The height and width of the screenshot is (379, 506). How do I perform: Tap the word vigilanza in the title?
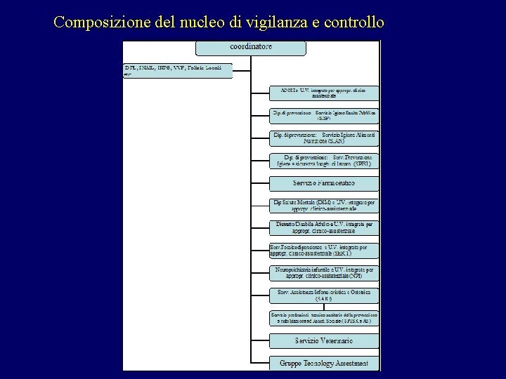(272, 22)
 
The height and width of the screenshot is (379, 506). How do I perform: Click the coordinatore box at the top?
(251, 48)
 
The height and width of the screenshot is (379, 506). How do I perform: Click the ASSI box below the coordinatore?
(324, 93)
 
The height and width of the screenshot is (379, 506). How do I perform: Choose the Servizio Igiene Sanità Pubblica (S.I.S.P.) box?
(324, 115)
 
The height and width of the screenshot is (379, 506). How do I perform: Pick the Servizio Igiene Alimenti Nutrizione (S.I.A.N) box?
(324, 138)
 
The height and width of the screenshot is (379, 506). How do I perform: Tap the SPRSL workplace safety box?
(324, 160)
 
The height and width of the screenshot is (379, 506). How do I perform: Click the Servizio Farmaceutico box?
(324, 183)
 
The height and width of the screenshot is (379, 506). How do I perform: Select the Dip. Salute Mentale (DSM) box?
(324, 206)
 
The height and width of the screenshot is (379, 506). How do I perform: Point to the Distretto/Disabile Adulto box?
(324, 227)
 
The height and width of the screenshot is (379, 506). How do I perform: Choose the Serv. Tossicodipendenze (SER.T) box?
(324, 250)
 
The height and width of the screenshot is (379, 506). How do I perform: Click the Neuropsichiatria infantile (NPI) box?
(324, 272)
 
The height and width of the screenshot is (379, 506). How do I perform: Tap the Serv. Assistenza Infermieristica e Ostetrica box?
(324, 295)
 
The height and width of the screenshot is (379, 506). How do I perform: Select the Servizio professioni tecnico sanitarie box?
(324, 317)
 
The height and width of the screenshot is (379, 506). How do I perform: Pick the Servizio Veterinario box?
(324, 340)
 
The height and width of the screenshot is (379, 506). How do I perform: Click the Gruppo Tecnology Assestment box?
(324, 363)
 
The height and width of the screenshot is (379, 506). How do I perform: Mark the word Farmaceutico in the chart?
(335, 183)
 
